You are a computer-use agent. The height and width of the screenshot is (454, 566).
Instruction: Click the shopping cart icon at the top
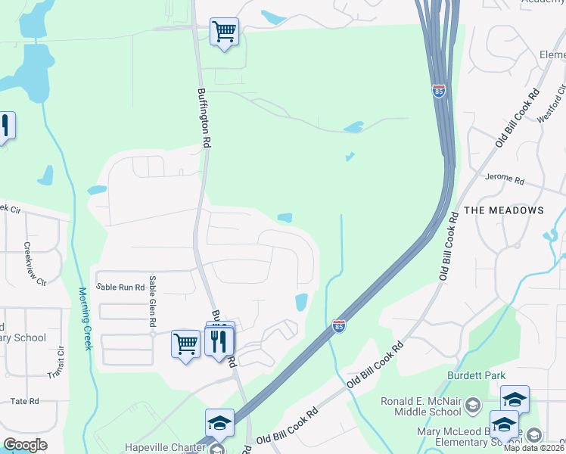pos(224,33)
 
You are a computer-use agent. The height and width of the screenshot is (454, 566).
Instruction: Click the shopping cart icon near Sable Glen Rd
pos(185,344)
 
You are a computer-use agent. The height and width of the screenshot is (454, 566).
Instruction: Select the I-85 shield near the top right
pos(439,91)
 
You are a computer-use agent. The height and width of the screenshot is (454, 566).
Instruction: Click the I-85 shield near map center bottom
pos(339,325)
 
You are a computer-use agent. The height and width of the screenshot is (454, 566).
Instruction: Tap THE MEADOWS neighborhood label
pos(503,210)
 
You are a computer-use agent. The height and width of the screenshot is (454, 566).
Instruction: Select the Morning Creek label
pos(85,318)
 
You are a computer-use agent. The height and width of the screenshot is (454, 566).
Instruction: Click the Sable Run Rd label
pos(120,288)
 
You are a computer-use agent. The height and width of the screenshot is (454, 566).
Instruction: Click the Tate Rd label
pos(24,401)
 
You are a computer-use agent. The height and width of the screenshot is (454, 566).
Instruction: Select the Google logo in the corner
pos(25,444)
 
